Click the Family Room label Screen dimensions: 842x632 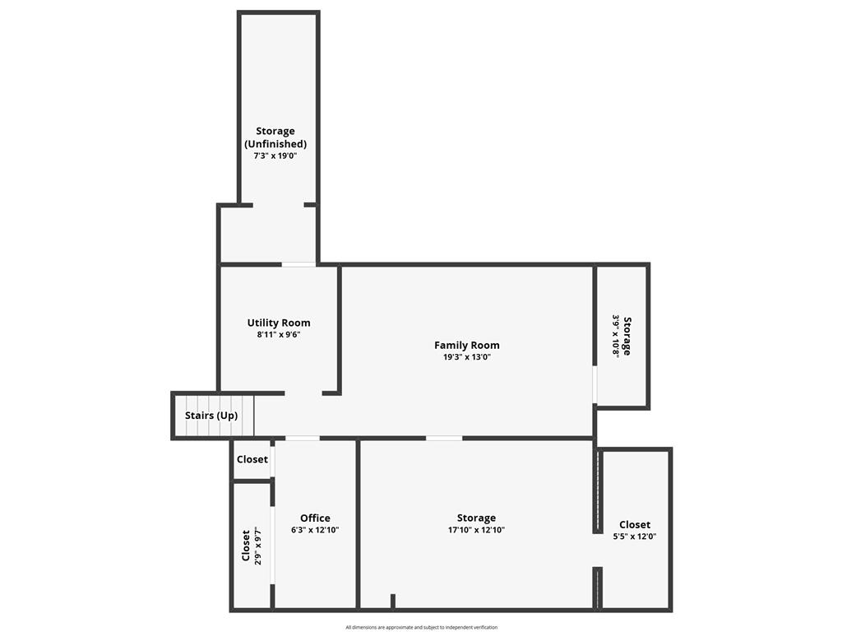(x=467, y=345)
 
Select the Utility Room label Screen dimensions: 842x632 (x=279, y=323)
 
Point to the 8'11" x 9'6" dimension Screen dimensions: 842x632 (x=279, y=334)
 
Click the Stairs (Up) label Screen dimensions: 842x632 (x=211, y=416)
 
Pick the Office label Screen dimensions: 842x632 (x=315, y=518)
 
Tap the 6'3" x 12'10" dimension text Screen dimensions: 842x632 (x=315, y=530)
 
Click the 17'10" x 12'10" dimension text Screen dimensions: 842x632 (x=476, y=530)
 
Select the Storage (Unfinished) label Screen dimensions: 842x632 (x=275, y=137)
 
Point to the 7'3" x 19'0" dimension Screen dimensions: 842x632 (x=275, y=156)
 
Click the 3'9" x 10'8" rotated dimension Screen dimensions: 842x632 (x=616, y=337)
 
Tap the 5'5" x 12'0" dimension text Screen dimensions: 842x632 (x=635, y=537)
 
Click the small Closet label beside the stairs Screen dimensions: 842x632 (x=252, y=459)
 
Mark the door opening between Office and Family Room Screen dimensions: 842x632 (x=303, y=439)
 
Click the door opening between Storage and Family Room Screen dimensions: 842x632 (x=444, y=439)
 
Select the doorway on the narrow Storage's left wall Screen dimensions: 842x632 (x=595, y=385)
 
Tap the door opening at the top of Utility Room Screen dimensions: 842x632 (x=298, y=264)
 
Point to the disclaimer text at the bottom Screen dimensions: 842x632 (x=422, y=627)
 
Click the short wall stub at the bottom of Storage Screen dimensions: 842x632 (x=393, y=602)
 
